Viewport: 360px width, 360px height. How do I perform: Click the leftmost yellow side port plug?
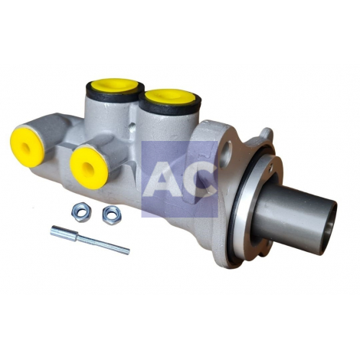click(x=27, y=147)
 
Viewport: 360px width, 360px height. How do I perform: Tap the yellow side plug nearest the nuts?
click(x=88, y=168)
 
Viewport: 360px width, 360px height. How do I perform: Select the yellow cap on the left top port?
click(x=115, y=85)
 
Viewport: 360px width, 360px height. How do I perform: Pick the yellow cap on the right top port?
click(x=169, y=97)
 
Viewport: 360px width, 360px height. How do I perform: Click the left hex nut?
click(x=81, y=212)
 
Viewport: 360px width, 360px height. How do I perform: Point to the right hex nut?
click(x=112, y=214)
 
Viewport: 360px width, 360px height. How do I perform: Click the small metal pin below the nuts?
click(x=90, y=240)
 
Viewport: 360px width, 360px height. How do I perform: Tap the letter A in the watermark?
click(x=166, y=179)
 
